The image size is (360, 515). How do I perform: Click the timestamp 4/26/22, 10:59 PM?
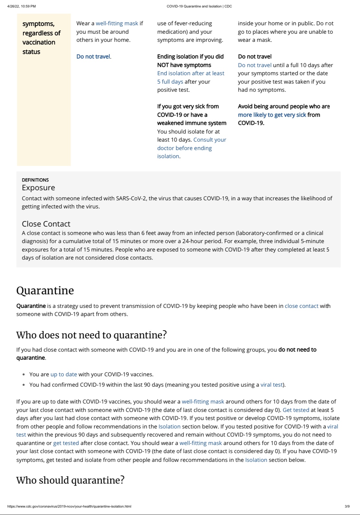pyautogui.click(x=21, y=6)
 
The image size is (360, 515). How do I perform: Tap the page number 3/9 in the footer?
pyautogui.click(x=347, y=506)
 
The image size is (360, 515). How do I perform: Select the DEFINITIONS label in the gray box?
pyautogui.click(x=35, y=180)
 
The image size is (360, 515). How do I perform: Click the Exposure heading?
pyautogui.click(x=38, y=188)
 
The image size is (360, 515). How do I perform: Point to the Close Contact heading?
pyautogui.click(x=46, y=224)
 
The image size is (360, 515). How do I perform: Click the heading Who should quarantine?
pyautogui.click(x=70, y=480)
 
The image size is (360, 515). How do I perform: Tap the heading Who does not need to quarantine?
pyautogui.click(x=91, y=335)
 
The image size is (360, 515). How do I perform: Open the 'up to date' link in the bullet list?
pyautogui.click(x=64, y=374)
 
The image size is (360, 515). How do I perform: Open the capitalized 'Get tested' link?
pyautogui.click(x=296, y=410)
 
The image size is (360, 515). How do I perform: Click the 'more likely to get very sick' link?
pyautogui.click(x=272, y=115)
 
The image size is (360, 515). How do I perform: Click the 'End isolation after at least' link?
pyautogui.click(x=191, y=73)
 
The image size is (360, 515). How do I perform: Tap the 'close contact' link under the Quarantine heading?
pyautogui.click(x=301, y=306)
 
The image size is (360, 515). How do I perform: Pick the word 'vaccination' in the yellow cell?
pyautogui.click(x=39, y=42)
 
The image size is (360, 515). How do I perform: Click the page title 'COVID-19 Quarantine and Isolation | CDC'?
pyautogui.click(x=199, y=6)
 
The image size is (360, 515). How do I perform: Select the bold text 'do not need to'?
pyautogui.click(x=297, y=350)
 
